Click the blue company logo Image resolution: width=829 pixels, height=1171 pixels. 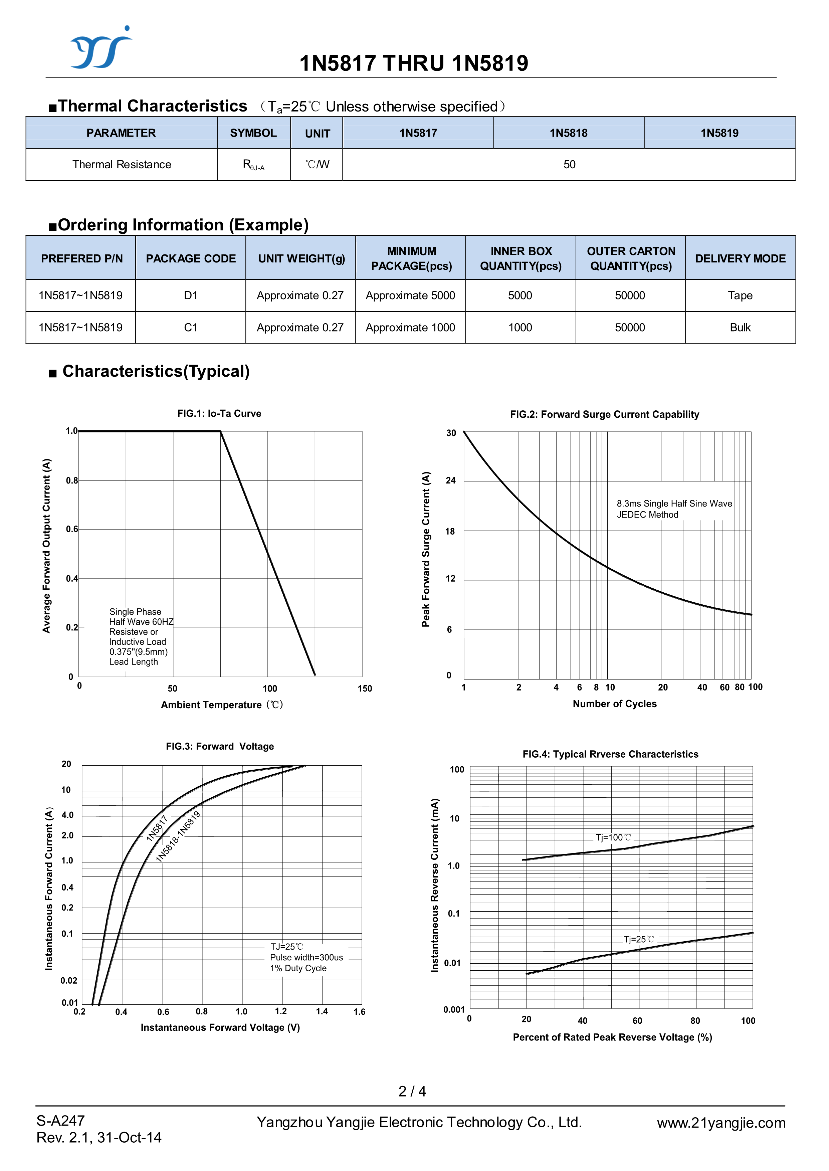[x=100, y=48]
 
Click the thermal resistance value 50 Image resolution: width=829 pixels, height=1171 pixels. [x=569, y=164]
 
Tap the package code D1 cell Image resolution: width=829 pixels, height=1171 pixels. [x=190, y=296]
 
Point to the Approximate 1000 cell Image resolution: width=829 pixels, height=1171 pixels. [x=410, y=328]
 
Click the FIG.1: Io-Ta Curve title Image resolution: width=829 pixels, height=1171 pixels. [x=219, y=413]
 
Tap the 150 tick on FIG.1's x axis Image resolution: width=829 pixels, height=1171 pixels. [x=365, y=689]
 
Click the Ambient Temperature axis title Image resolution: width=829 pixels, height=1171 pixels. [x=222, y=705]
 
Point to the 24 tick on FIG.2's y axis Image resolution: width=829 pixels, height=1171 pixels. [x=450, y=480]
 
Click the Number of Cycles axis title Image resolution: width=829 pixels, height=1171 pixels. [x=615, y=704]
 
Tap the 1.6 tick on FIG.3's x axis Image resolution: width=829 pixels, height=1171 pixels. [x=359, y=1012]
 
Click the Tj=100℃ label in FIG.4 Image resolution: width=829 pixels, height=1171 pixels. [x=613, y=838]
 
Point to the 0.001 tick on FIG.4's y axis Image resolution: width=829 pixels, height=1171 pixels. [x=454, y=1010]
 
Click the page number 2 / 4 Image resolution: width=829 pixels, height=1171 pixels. [x=412, y=1092]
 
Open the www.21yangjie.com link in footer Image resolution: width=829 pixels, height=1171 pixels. [x=721, y=1123]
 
